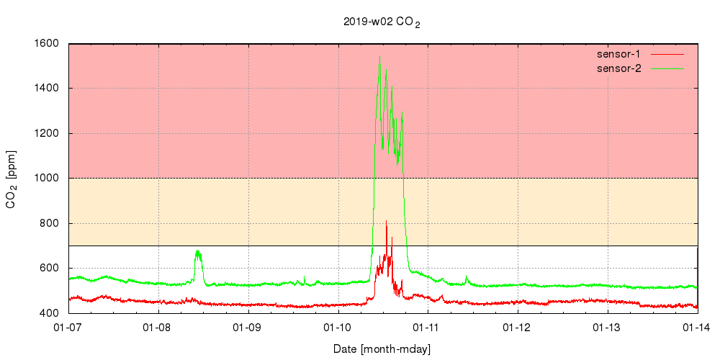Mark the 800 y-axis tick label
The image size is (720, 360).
[x=50, y=223]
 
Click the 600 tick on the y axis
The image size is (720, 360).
[x=50, y=268]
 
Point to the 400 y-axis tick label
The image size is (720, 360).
[x=50, y=313]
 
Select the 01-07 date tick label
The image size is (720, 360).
[x=68, y=328]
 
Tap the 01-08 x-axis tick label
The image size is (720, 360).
[x=158, y=328]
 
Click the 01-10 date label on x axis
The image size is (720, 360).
[x=338, y=328]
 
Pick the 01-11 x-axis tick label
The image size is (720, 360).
[x=428, y=328]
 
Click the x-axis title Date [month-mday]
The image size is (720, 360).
[x=382, y=349]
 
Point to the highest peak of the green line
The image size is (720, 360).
[x=379, y=58]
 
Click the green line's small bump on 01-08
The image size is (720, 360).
[x=198, y=252]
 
